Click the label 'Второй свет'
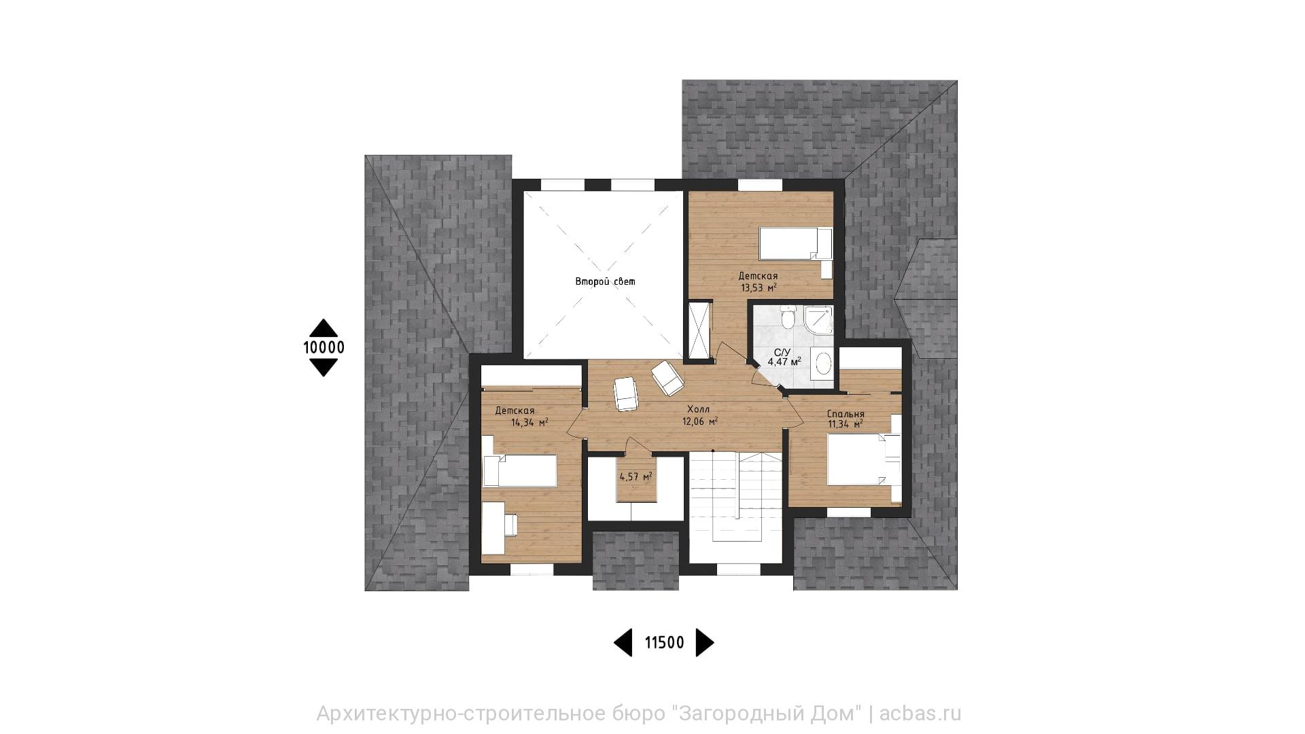[x=605, y=281]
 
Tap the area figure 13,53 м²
[x=759, y=287]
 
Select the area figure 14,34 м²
[x=529, y=422]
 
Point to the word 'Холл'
[x=698, y=410]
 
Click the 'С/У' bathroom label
[x=782, y=352]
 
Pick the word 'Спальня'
[x=846, y=414]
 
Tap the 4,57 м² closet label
[x=636, y=476]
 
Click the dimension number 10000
[x=324, y=347]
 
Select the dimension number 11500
[x=664, y=642]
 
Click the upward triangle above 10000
[x=324, y=328]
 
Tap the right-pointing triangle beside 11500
[x=705, y=642]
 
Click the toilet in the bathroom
[x=788, y=317]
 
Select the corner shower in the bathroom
[x=817, y=319]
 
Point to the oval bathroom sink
[x=822, y=364]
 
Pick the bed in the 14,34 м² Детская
[x=519, y=470]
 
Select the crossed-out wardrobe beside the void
[x=699, y=330]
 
